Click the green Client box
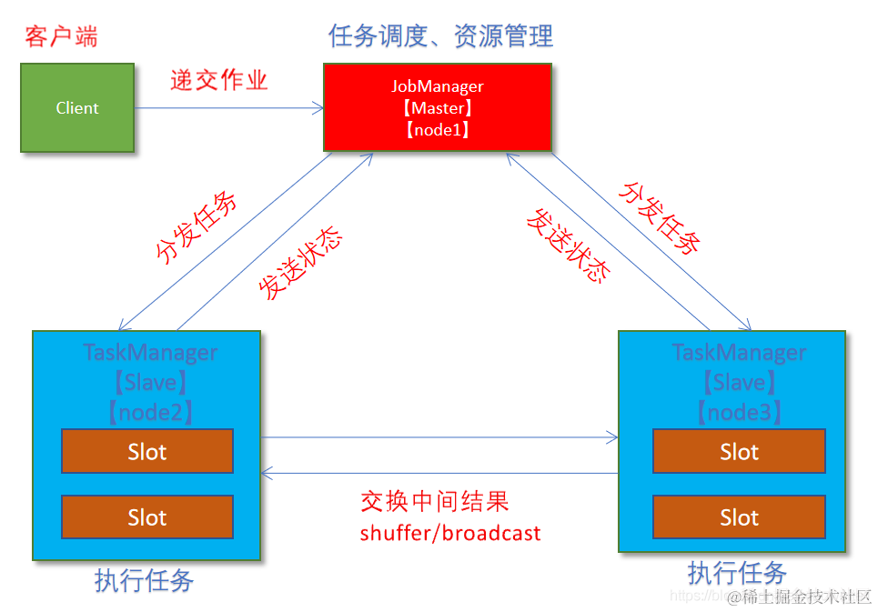(x=77, y=107)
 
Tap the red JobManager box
(x=438, y=107)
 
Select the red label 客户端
(x=61, y=37)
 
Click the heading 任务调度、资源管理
(x=440, y=36)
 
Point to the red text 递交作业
(x=219, y=80)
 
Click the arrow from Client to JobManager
(x=227, y=108)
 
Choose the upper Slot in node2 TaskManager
(x=147, y=452)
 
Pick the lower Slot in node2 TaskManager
(x=147, y=517)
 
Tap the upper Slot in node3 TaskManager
(x=739, y=452)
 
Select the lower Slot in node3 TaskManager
(x=739, y=517)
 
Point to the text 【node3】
(x=740, y=412)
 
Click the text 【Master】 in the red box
(x=438, y=108)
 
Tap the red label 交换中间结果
(x=434, y=501)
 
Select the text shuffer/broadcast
(x=450, y=532)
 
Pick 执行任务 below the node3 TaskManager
(x=737, y=573)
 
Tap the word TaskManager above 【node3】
(x=739, y=353)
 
